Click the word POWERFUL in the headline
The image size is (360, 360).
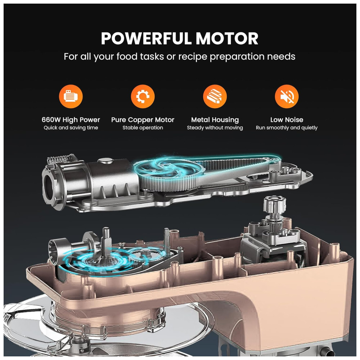click(x=146, y=39)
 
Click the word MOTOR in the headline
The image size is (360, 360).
click(x=227, y=39)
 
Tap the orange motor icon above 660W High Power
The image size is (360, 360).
click(x=71, y=96)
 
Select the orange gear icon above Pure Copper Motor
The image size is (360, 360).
click(x=143, y=96)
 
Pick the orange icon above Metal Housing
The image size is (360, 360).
click(x=215, y=96)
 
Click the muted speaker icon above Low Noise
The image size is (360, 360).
click(x=287, y=96)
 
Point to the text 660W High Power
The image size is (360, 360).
click(x=71, y=120)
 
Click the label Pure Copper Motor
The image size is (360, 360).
click(x=143, y=120)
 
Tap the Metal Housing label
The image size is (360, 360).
click(x=215, y=120)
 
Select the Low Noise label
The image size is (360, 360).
click(x=287, y=120)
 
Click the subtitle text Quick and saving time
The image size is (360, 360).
click(x=71, y=128)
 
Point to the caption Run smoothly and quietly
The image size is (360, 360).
click(x=287, y=128)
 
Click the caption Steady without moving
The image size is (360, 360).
click(x=215, y=128)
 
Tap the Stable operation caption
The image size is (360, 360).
click(x=143, y=128)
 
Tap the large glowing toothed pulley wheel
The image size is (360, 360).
click(x=170, y=174)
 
